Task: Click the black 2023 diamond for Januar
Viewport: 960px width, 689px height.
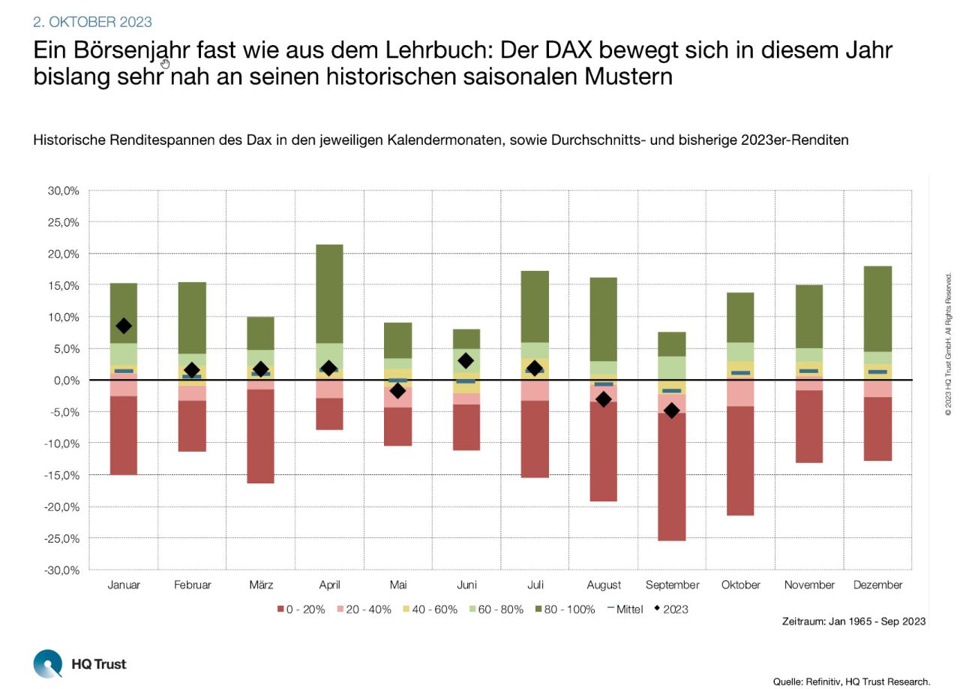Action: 124,326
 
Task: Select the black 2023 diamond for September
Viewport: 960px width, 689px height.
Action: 672,411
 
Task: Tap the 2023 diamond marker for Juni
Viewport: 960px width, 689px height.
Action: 466,361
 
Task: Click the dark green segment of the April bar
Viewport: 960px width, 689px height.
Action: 329,293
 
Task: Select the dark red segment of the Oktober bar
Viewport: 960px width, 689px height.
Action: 740,460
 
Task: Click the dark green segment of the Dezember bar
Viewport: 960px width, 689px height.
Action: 877,308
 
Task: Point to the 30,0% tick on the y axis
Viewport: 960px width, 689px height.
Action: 64,191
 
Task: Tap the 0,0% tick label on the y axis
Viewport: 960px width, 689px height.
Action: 66,381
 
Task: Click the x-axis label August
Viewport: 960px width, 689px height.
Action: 604,585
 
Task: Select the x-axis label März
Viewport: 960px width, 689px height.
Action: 260,585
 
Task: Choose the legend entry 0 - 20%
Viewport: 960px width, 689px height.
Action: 301,609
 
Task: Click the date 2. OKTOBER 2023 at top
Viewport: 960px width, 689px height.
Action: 92,23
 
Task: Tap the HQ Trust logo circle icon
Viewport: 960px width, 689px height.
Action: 48,664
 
